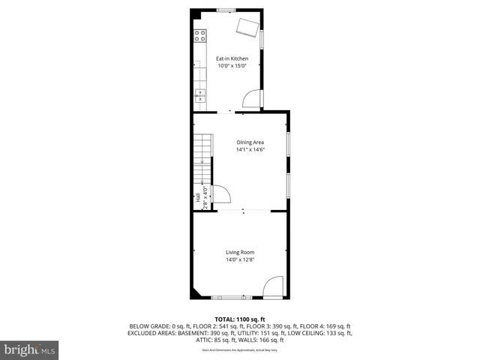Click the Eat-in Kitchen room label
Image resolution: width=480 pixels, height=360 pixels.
tap(232, 58)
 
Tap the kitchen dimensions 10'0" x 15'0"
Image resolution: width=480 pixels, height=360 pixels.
tap(232, 66)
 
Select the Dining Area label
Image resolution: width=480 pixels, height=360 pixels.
tap(250, 142)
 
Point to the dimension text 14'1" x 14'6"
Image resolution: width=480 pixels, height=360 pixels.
tap(250, 149)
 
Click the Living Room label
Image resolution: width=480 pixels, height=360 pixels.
tap(240, 252)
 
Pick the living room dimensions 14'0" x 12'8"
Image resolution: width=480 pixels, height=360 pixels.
tap(240, 259)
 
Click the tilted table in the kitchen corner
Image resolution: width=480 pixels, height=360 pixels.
tap(247, 28)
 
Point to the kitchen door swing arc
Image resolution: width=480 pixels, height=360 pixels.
tap(253, 98)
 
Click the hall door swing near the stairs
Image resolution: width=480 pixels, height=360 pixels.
tap(222, 195)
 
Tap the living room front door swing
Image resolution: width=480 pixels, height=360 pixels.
tap(273, 286)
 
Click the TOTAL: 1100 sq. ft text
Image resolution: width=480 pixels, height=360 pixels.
tap(240, 319)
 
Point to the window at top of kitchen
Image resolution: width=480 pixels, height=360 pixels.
tap(226, 9)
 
